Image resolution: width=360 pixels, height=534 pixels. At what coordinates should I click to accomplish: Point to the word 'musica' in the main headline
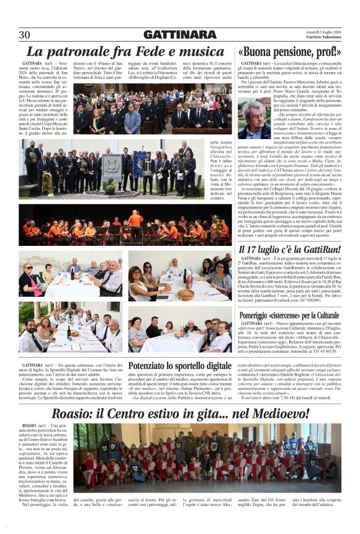(x=197, y=52)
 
